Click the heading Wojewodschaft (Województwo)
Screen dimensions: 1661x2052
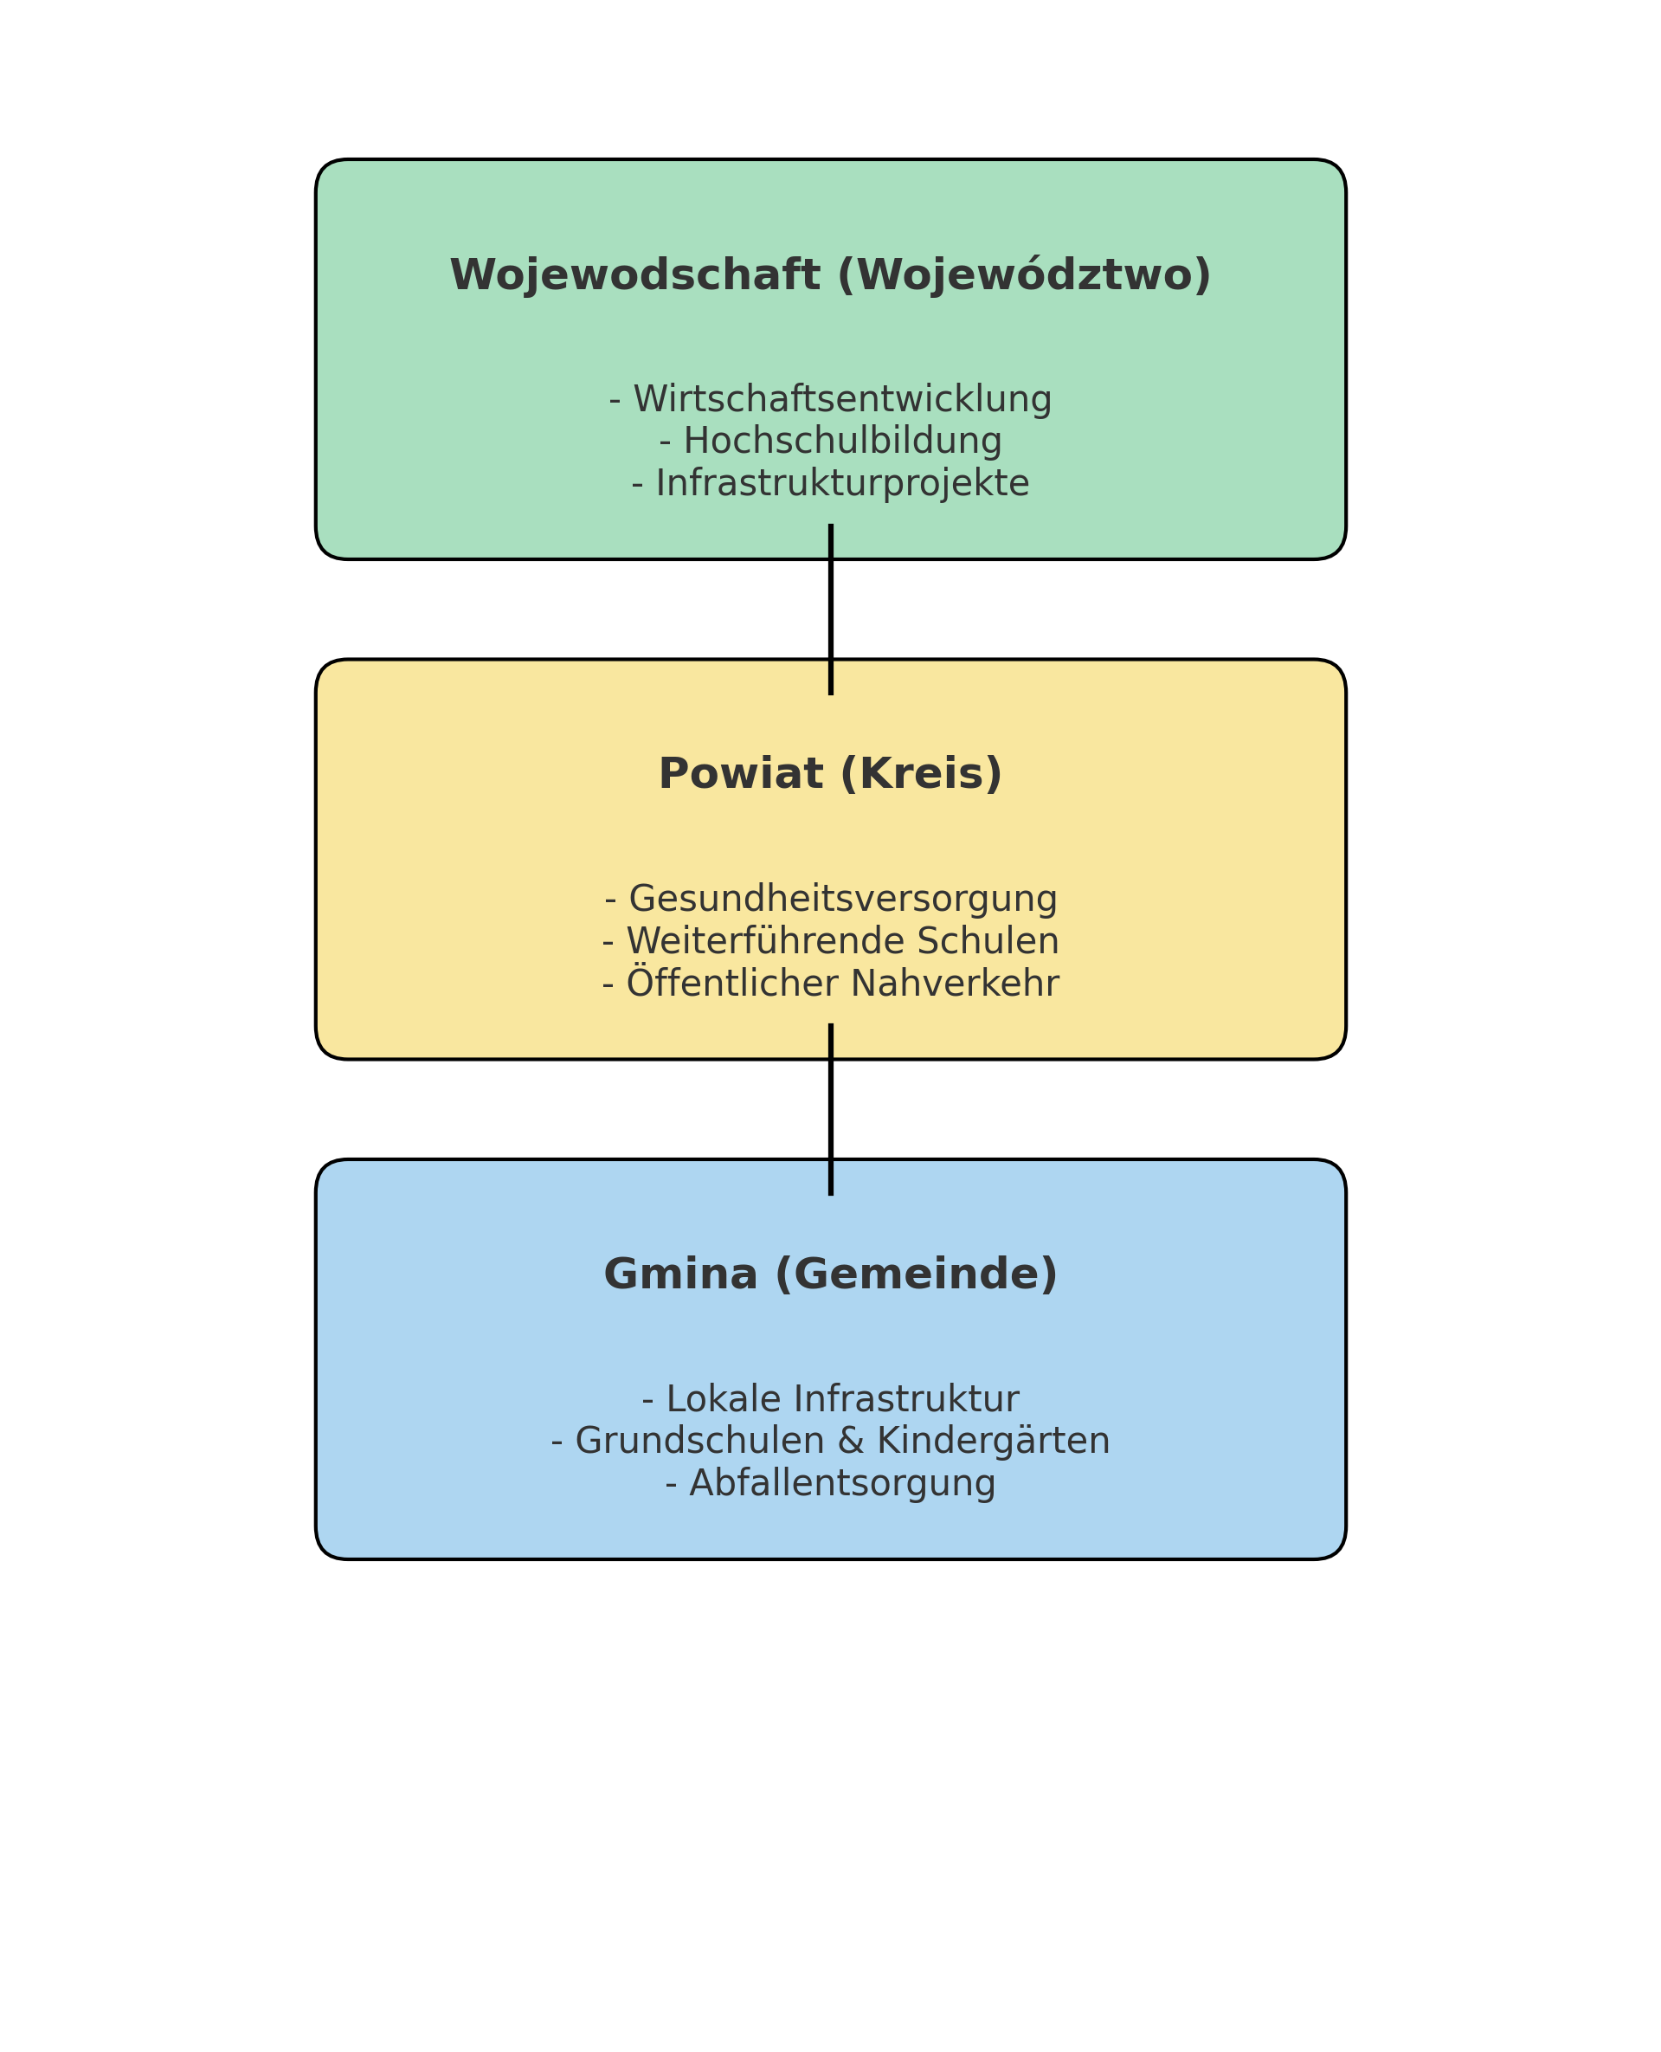(x=831, y=275)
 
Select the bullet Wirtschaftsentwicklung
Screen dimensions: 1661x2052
(x=831, y=399)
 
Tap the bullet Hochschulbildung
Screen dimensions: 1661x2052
(x=831, y=442)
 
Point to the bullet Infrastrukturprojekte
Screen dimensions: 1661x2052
(x=831, y=483)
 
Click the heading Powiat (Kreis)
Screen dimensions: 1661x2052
(x=831, y=774)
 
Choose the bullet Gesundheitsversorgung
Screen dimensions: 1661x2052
(x=831, y=899)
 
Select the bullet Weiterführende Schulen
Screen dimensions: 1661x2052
(x=831, y=941)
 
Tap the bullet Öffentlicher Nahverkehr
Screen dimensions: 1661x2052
(x=831, y=983)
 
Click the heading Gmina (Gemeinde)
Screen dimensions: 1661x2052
(x=831, y=1274)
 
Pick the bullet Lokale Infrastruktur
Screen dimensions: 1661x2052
(x=831, y=1399)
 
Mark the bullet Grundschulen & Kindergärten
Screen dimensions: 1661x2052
(x=831, y=1442)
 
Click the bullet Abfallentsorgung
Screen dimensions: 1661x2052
(x=831, y=1483)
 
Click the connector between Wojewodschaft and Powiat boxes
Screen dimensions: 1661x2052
(x=831, y=610)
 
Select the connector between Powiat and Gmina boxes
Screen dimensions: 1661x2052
(x=831, y=1110)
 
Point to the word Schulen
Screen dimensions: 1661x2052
(x=988, y=941)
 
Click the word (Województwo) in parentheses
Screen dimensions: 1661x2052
(x=1024, y=275)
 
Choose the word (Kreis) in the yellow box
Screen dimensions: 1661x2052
(x=922, y=774)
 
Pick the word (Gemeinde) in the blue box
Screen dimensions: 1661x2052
(x=916, y=1274)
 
